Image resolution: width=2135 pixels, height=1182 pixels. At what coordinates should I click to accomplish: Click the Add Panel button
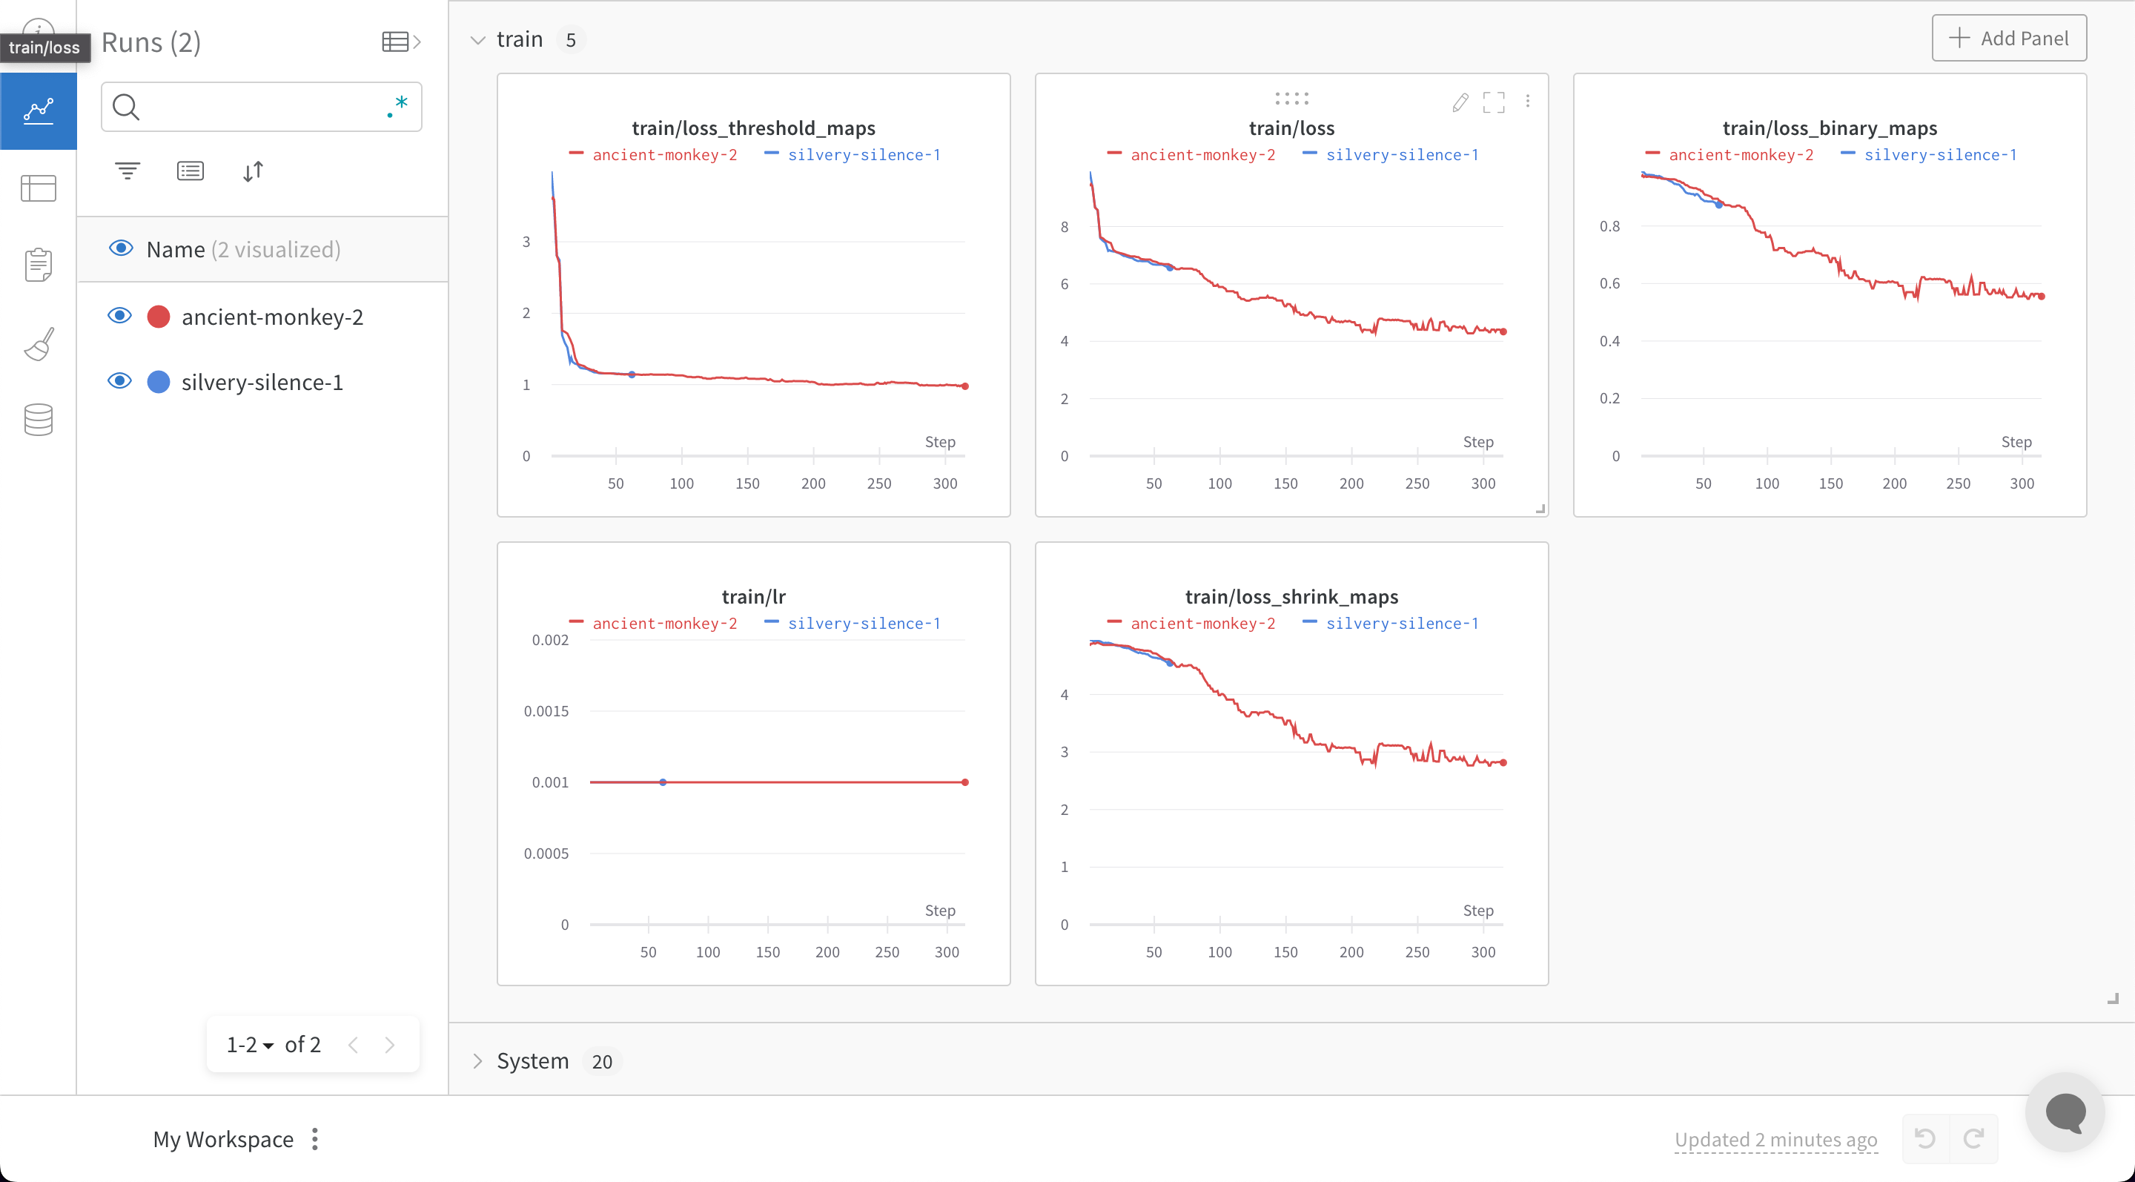2008,38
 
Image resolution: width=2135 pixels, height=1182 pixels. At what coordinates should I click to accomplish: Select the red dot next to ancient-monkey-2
159,317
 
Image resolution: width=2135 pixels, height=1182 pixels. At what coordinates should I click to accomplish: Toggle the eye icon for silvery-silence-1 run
120,381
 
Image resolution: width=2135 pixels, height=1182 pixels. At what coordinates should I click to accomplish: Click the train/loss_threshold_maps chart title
752,128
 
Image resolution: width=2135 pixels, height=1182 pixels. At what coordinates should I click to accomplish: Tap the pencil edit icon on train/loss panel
1460,102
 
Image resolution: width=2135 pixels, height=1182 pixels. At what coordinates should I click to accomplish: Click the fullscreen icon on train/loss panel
1494,102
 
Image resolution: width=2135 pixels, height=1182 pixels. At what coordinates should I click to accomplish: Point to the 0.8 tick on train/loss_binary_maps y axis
1609,226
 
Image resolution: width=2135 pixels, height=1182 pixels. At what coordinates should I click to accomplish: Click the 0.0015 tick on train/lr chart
546,711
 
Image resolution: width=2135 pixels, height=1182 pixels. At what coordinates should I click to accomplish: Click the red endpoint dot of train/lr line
964,782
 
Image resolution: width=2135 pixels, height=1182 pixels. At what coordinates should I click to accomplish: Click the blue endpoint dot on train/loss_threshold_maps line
632,374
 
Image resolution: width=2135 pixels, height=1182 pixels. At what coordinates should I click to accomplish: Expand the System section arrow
477,1061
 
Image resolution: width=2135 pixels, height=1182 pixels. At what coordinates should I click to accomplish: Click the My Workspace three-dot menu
315,1139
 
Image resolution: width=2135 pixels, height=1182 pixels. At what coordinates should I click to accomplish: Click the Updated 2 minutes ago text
1775,1140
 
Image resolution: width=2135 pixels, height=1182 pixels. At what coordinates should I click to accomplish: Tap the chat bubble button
2065,1112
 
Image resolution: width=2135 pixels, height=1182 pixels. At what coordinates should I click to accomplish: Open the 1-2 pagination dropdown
250,1044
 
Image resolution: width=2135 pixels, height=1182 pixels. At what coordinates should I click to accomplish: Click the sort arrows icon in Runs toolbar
253,171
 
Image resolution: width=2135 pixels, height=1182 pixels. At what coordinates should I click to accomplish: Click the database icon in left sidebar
38,420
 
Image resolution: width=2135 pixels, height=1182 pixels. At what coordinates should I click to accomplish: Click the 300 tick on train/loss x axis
1483,483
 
